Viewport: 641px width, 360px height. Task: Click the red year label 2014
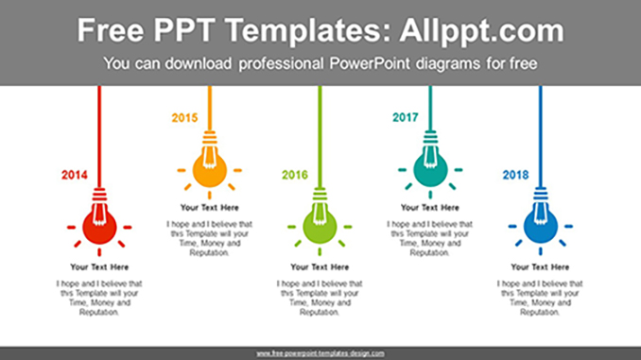coord(75,175)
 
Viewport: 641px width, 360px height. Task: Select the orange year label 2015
coord(184,118)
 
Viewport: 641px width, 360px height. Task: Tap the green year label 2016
coord(295,175)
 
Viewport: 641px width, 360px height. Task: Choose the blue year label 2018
coord(515,175)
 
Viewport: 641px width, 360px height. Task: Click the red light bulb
coord(99,227)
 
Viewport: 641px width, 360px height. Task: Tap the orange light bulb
coord(209,170)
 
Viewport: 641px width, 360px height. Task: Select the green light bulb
coord(320,227)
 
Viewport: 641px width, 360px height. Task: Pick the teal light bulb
coord(430,170)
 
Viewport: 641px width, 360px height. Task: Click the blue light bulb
coord(540,227)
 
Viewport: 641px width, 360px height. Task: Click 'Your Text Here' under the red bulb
coord(99,267)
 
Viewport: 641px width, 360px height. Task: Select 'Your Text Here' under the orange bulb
coord(209,208)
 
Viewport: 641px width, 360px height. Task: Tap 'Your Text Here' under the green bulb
coord(320,267)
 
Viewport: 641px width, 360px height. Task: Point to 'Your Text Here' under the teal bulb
coord(430,208)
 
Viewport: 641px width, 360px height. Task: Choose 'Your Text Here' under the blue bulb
coord(540,267)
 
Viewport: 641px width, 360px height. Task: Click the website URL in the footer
coord(320,353)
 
